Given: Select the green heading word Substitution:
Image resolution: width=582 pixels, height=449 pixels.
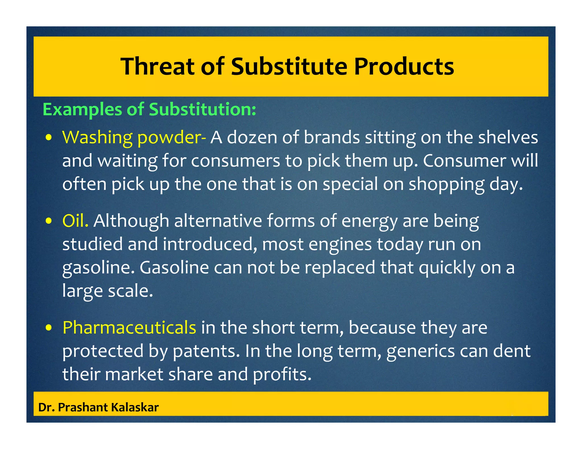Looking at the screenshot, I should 202,109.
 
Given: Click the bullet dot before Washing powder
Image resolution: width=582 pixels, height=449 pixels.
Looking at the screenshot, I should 49,138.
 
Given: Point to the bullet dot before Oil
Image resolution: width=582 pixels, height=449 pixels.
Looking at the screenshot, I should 49,221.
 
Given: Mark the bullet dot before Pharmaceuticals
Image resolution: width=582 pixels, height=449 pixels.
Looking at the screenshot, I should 49,328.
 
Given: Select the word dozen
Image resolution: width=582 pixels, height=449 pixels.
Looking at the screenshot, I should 252,137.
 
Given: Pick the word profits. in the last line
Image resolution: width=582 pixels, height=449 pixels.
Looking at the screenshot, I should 282,374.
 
